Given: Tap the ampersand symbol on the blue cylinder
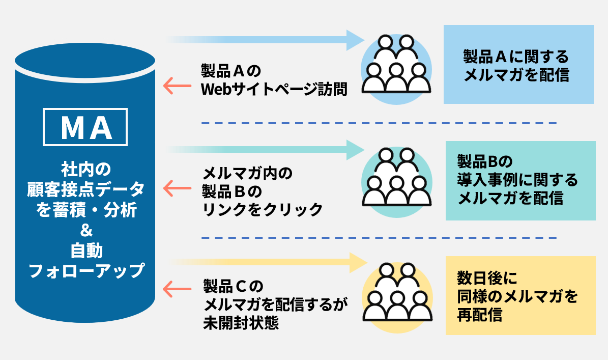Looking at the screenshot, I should tap(85, 231).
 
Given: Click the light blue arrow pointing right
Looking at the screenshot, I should tap(265, 40).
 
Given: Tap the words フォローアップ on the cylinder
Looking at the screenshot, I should tap(85, 270).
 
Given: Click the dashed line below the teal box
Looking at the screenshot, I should tap(379, 238).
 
